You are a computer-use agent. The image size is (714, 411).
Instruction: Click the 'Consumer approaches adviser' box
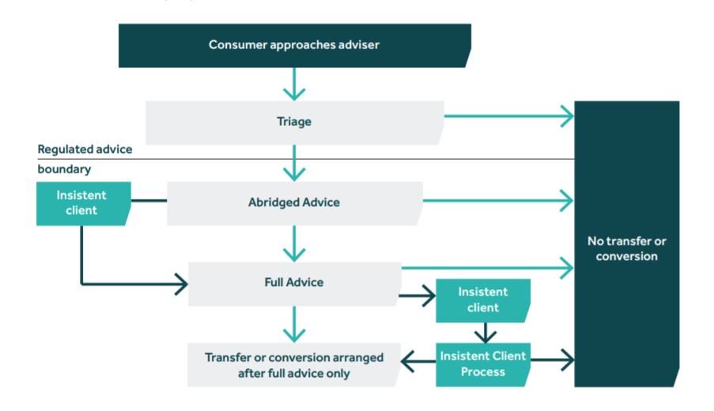(x=294, y=45)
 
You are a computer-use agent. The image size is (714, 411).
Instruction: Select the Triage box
(x=294, y=122)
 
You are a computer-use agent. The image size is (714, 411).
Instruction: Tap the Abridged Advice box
(x=294, y=202)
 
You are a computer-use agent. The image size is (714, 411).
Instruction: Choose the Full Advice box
(x=294, y=282)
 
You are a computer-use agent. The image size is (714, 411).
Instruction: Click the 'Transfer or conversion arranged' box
(x=294, y=365)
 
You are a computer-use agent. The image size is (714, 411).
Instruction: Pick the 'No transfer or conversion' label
(x=626, y=249)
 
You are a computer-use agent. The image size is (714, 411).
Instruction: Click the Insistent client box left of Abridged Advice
(x=81, y=203)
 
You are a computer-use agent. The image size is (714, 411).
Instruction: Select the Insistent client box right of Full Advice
(x=482, y=300)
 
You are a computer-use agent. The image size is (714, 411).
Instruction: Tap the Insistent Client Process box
(x=483, y=364)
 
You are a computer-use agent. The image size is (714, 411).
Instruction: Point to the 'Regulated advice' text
(x=85, y=149)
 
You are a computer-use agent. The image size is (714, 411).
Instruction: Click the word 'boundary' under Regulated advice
(x=64, y=169)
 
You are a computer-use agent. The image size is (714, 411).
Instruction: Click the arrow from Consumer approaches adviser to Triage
(x=294, y=84)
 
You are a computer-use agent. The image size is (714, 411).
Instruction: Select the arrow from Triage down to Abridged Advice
(x=294, y=164)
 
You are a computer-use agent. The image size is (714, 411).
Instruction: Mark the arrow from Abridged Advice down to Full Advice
(x=294, y=244)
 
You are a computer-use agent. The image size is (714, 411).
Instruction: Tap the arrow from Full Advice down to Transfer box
(x=294, y=324)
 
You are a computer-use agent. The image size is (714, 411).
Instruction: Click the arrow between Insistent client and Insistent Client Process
(x=483, y=332)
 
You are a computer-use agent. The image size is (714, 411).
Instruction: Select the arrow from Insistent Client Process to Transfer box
(x=417, y=362)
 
